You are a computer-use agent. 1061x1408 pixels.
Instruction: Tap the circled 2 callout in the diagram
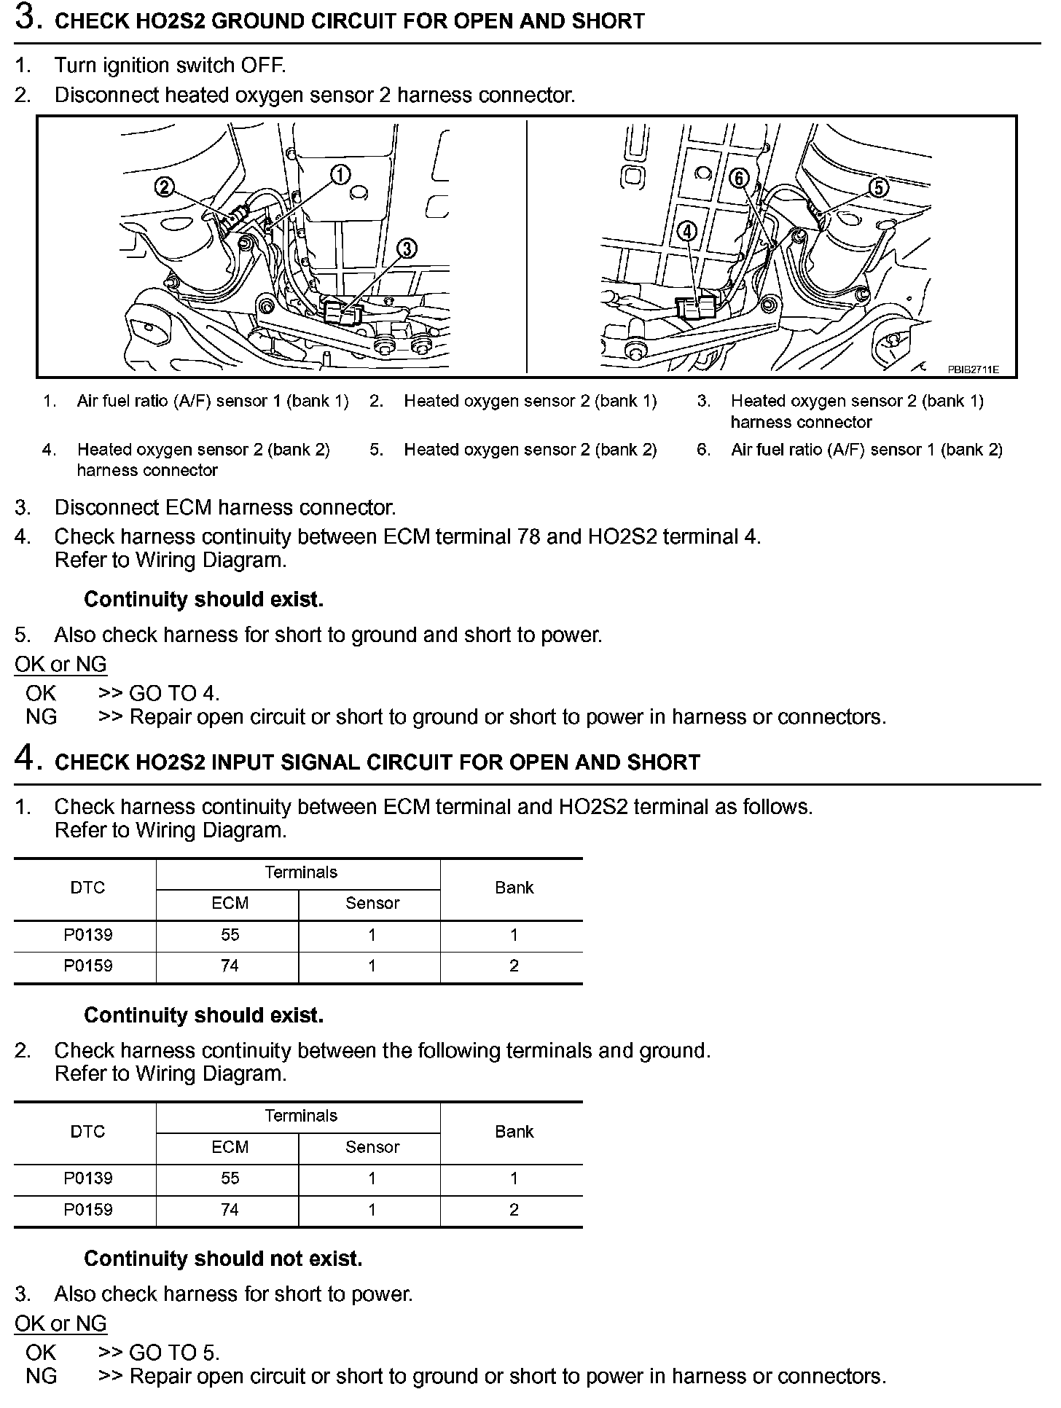pyautogui.click(x=165, y=187)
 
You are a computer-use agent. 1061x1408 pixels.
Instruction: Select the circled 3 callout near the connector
pyautogui.click(x=407, y=249)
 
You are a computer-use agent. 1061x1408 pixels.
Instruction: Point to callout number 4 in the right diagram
pyautogui.click(x=686, y=232)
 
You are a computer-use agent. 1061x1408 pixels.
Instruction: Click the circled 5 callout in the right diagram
pyautogui.click(x=879, y=187)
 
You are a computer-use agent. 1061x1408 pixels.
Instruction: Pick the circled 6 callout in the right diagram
pyautogui.click(x=739, y=178)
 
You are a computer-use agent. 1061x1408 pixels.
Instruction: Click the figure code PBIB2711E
pyautogui.click(x=973, y=369)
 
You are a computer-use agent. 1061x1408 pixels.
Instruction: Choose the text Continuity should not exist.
pyautogui.click(x=223, y=1259)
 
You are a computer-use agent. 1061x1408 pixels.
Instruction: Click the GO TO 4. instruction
pyautogui.click(x=173, y=693)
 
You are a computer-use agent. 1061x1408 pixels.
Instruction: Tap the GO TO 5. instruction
pyautogui.click(x=173, y=1353)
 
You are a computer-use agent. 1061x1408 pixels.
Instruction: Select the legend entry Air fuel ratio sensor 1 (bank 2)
pyautogui.click(x=866, y=450)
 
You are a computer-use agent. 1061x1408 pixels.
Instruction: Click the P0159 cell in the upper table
pyautogui.click(x=87, y=966)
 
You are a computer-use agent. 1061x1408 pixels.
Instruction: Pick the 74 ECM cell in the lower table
pyautogui.click(x=230, y=1210)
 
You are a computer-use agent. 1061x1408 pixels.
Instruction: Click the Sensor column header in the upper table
pyautogui.click(x=372, y=904)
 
